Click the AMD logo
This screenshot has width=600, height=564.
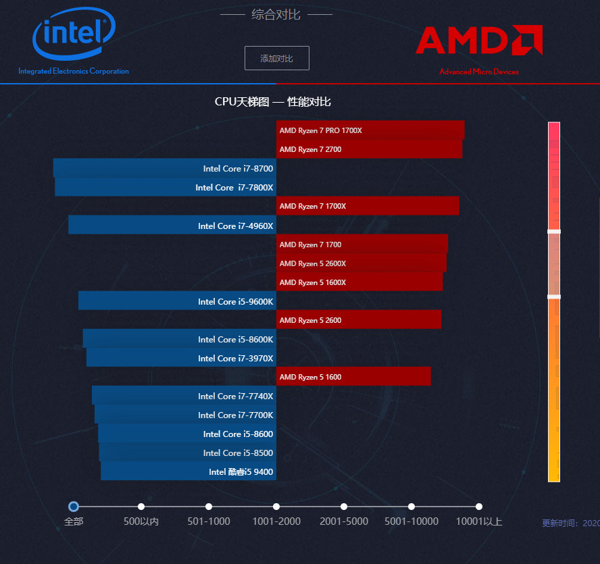coord(479,41)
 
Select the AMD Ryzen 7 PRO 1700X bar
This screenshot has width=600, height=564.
coord(370,130)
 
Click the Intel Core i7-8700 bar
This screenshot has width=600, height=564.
coord(165,168)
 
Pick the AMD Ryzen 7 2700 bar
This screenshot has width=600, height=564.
coord(369,149)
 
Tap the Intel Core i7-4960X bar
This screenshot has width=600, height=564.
coord(172,226)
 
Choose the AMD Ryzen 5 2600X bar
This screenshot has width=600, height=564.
coord(361,263)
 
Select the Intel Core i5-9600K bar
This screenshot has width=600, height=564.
coord(177,301)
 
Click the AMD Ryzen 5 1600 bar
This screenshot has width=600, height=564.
coord(353,377)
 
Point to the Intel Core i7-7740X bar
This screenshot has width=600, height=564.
coord(184,396)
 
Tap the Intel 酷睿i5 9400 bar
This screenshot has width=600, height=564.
coord(189,471)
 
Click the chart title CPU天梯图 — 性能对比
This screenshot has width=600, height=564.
coord(272,102)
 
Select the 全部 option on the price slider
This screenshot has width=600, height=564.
coord(74,507)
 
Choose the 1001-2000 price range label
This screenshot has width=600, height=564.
coord(276,521)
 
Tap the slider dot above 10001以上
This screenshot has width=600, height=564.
coord(479,507)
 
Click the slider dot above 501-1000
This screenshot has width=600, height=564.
coord(209,507)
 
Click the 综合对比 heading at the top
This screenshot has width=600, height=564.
coord(276,14)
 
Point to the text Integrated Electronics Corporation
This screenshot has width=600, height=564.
coord(74,71)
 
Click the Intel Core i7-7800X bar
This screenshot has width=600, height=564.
coord(166,187)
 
